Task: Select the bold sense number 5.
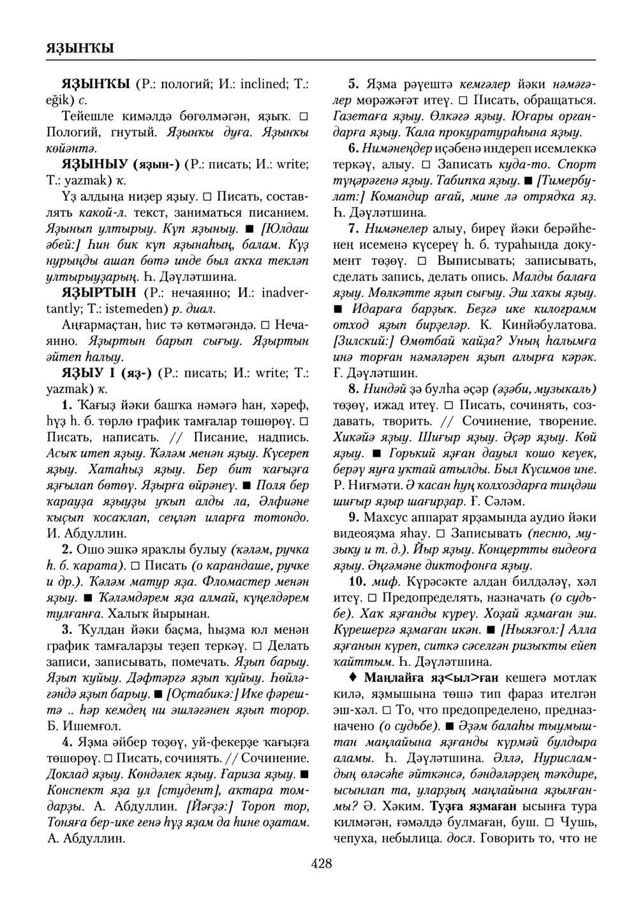352,84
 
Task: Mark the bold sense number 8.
352,388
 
